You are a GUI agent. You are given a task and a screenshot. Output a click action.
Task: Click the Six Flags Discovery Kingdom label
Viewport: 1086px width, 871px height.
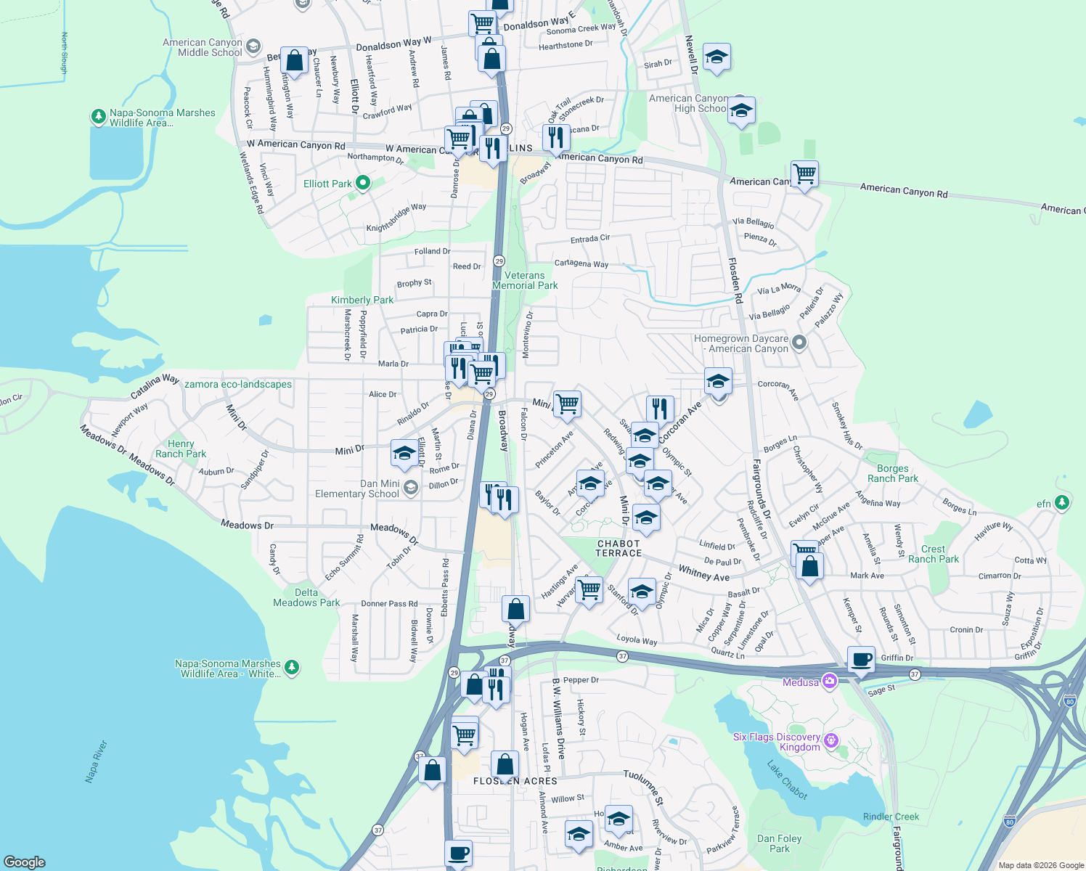(776, 742)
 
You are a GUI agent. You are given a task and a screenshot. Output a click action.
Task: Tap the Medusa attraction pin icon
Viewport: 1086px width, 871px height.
(830, 682)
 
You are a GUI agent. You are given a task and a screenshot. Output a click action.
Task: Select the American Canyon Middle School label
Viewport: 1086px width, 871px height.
(203, 48)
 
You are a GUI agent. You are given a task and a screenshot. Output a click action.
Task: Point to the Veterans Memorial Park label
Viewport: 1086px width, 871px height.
(525, 281)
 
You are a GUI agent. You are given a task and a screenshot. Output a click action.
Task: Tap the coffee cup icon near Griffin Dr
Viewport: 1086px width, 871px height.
(861, 660)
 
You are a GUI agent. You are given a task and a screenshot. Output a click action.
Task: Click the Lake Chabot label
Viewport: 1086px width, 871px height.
(788, 780)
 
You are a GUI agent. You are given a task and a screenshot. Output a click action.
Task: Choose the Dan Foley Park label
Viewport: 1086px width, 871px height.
(780, 843)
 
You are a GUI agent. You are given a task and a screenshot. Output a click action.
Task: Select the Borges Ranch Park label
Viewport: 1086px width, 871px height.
(892, 474)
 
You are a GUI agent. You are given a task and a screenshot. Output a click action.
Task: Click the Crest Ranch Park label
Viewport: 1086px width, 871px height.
(933, 555)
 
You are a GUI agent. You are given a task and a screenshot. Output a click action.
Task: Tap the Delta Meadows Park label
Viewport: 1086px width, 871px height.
(306, 598)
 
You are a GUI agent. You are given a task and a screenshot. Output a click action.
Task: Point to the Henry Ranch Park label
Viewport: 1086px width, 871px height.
(181, 449)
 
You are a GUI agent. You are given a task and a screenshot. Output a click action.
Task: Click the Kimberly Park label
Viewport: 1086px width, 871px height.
(362, 300)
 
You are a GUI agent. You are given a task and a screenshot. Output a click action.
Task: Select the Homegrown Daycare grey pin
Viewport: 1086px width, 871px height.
(799, 342)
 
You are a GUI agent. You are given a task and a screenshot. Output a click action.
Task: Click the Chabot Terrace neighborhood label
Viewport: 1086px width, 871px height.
(618, 549)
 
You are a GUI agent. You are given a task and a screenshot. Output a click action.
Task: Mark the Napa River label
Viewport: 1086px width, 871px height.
(97, 761)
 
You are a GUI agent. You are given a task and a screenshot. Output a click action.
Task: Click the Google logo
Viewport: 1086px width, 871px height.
(25, 862)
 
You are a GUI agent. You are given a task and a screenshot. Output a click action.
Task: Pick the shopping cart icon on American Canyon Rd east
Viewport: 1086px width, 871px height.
(804, 174)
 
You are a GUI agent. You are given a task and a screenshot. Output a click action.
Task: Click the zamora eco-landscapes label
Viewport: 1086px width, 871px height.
(238, 385)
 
